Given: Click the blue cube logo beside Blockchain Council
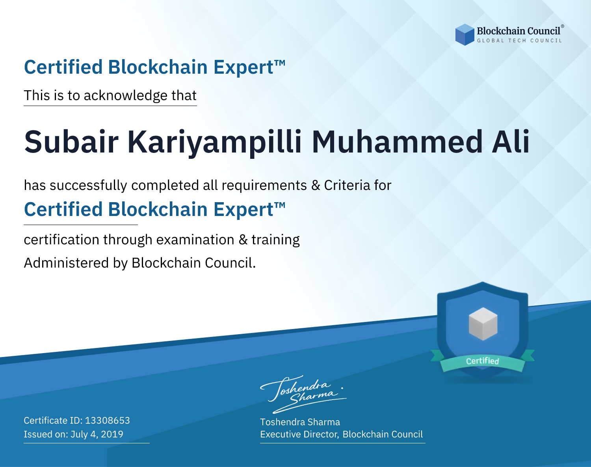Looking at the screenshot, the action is pyautogui.click(x=465, y=35).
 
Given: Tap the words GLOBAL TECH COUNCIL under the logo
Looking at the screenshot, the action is pyautogui.click(x=519, y=41).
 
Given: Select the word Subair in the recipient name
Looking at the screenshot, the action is pyautogui.click(x=71, y=142).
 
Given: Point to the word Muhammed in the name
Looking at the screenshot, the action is pyautogui.click(x=397, y=142).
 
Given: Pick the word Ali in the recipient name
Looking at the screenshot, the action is pyautogui.click(x=511, y=141).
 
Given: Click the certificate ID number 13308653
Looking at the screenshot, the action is pyautogui.click(x=108, y=420).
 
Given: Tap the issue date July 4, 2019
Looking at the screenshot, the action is pyautogui.click(x=97, y=434).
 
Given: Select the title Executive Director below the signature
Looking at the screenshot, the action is pyautogui.click(x=299, y=434).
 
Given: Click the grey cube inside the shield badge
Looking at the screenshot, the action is pyautogui.click(x=483, y=324).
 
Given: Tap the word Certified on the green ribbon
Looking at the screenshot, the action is pyautogui.click(x=483, y=361).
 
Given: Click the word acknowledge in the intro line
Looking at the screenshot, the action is pyautogui.click(x=126, y=96).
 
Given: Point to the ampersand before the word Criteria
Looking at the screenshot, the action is pyautogui.click(x=316, y=185).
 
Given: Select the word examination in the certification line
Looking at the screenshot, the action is pyautogui.click(x=195, y=240).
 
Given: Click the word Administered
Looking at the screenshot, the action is pyautogui.click(x=66, y=263).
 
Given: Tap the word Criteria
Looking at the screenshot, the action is pyautogui.click(x=347, y=185).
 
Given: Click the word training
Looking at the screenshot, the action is pyautogui.click(x=276, y=240).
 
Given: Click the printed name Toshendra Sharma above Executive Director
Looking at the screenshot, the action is pyautogui.click(x=300, y=422).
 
